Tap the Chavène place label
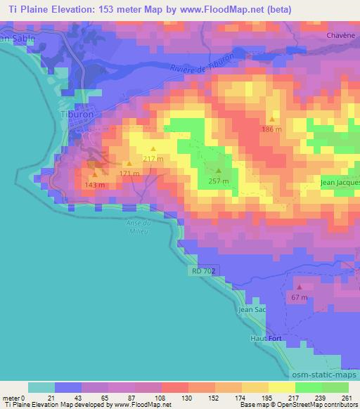tap(339, 34)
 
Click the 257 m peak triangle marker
tap(218, 171)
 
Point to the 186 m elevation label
tap(272, 129)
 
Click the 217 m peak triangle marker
tap(153, 148)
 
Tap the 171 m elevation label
tap(129, 173)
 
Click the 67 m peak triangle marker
tap(299, 287)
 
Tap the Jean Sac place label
tap(252, 309)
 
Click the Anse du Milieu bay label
tap(136, 226)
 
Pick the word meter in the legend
tap(12, 397)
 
